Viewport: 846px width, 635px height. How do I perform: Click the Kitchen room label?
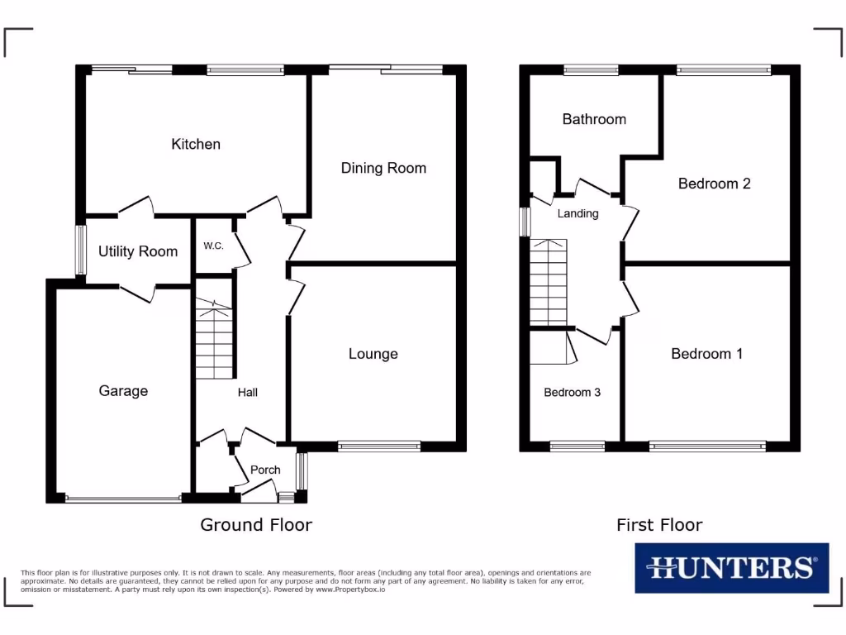pos(196,144)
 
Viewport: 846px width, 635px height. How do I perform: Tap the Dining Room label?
pos(383,168)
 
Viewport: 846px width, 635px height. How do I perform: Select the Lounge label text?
pos(373,354)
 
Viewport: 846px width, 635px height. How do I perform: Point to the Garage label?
pos(123,390)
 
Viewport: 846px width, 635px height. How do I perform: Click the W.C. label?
pos(213,246)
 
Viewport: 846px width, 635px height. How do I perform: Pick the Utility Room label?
pos(138,251)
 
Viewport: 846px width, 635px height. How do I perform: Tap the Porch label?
pos(265,470)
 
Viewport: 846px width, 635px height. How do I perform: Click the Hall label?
pos(248,392)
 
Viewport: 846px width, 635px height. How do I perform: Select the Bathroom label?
pos(594,119)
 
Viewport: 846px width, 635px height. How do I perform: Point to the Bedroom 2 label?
pos(714,184)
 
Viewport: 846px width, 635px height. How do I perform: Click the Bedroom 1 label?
pos(706,354)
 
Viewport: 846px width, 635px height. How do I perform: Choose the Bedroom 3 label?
pos(572,393)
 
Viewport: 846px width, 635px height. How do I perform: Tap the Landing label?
pos(577,213)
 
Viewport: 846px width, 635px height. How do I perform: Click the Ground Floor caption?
pos(256,524)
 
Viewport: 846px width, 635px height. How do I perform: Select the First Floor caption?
pos(659,524)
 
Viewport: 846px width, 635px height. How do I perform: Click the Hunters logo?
pos(731,567)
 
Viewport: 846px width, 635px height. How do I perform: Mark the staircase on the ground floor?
pos(216,339)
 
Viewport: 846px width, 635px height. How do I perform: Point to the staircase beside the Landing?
pos(549,282)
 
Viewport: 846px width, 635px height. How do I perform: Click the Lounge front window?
pos(379,446)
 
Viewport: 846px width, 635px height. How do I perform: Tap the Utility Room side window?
pos(81,250)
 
